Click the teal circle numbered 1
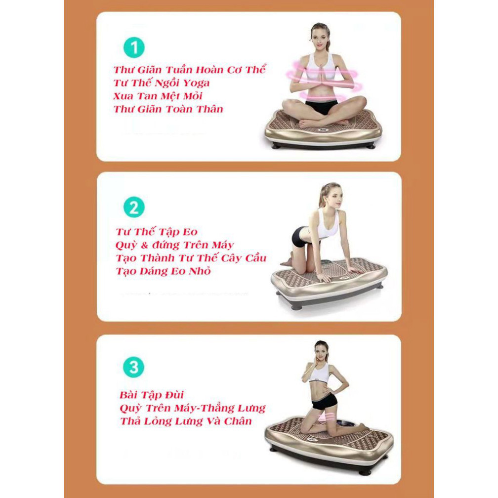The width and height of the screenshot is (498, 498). pyautogui.click(x=134, y=48)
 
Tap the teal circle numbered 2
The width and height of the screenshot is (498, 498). pyautogui.click(x=134, y=207)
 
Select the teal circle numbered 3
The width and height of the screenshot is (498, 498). pyautogui.click(x=134, y=367)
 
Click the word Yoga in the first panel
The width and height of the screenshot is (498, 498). pyautogui.click(x=196, y=83)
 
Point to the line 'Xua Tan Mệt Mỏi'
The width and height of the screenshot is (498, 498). pyautogui.click(x=158, y=96)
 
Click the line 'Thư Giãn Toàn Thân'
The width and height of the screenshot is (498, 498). pyautogui.click(x=168, y=109)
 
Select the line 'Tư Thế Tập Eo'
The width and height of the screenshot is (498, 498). pyautogui.click(x=157, y=232)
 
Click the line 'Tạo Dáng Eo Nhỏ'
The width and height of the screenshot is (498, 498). pyautogui.click(x=163, y=271)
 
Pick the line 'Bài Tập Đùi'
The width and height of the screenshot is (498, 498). pyautogui.click(x=152, y=395)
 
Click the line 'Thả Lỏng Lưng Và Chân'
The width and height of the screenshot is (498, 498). pyautogui.click(x=186, y=421)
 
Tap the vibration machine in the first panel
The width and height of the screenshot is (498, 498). pyautogui.click(x=323, y=130)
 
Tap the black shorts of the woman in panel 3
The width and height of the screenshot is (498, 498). pyautogui.click(x=324, y=402)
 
